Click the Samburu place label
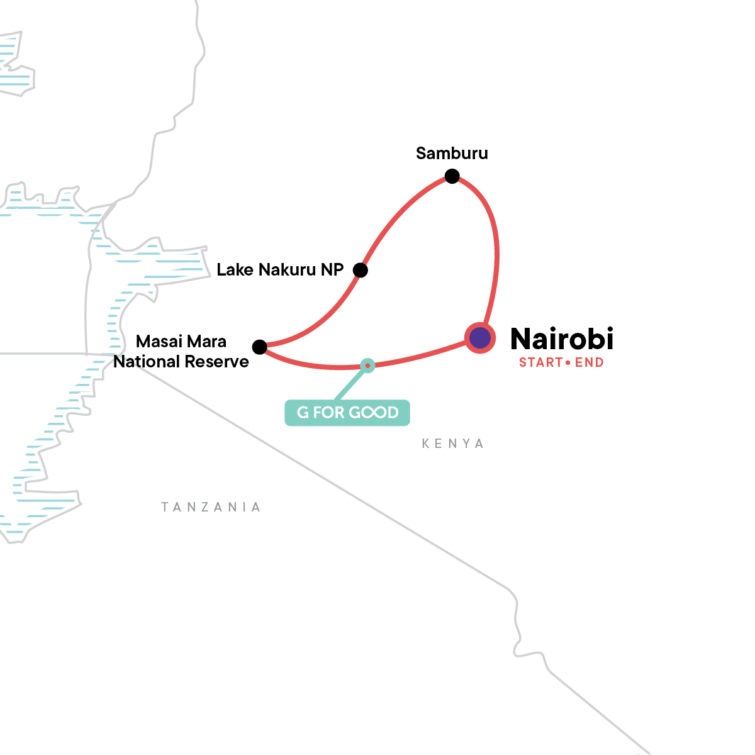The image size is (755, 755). pyautogui.click(x=452, y=154)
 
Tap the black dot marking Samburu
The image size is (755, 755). pyautogui.click(x=452, y=176)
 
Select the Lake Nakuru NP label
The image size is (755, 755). pyautogui.click(x=280, y=270)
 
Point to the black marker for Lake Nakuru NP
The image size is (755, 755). pyautogui.click(x=360, y=270)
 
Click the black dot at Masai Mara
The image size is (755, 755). pyautogui.click(x=259, y=347)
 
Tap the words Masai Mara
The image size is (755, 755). pyautogui.click(x=181, y=342)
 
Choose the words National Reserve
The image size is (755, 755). pyautogui.click(x=181, y=362)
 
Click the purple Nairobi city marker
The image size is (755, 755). pyautogui.click(x=480, y=338)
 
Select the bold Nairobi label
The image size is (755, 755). pyautogui.click(x=562, y=339)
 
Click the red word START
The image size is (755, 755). pyautogui.click(x=540, y=362)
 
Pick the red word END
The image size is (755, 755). pyautogui.click(x=590, y=362)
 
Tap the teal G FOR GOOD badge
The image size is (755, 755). pyautogui.click(x=347, y=413)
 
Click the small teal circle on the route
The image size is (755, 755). pyautogui.click(x=367, y=365)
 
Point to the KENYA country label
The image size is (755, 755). pyautogui.click(x=453, y=444)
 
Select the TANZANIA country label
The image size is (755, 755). pyautogui.click(x=211, y=507)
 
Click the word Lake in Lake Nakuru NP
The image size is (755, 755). pyautogui.click(x=235, y=270)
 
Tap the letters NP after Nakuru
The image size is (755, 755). pyautogui.click(x=332, y=270)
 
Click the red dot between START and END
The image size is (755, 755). pyautogui.click(x=568, y=363)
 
